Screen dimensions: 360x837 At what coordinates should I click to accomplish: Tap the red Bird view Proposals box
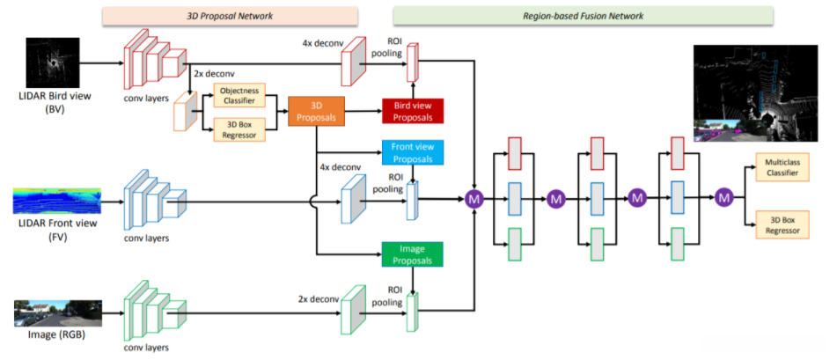[x=412, y=111]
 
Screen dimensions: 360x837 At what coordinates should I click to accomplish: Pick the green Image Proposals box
[x=412, y=254]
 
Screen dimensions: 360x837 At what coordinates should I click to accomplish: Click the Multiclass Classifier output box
[x=782, y=168]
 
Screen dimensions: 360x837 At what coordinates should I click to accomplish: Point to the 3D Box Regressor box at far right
[x=782, y=224]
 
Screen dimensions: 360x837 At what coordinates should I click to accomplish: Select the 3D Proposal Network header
[x=230, y=15]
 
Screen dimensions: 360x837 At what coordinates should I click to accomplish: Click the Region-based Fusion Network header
[x=583, y=15]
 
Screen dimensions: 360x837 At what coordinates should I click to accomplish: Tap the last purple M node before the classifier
[x=724, y=200]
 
